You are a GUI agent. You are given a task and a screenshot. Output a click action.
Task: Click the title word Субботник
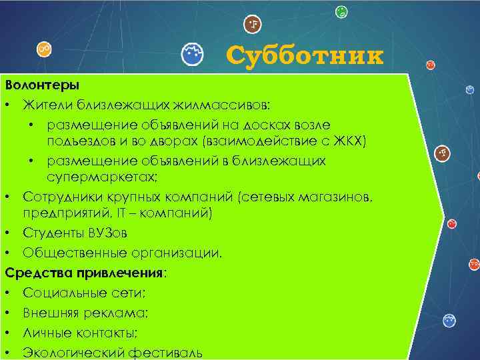[305, 56]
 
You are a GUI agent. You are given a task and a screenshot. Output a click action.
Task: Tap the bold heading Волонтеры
[42, 85]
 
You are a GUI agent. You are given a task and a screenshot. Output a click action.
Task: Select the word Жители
[47, 105]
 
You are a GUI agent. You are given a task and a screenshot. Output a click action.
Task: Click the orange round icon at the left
[44, 48]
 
